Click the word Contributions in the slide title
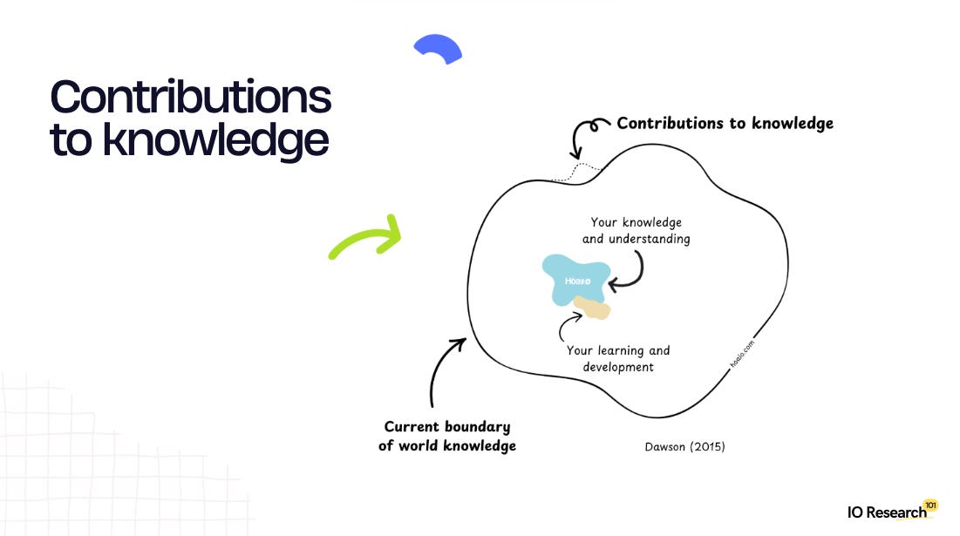tap(190, 97)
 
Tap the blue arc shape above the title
tap(438, 48)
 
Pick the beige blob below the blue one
tap(593, 308)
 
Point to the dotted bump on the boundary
tap(578, 169)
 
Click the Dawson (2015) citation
tap(684, 447)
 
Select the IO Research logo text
tap(886, 512)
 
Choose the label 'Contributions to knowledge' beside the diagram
tap(725, 124)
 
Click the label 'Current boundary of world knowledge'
tap(447, 437)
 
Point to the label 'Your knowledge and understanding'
tap(636, 231)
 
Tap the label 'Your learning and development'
tap(618, 358)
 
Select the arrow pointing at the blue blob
tap(631, 271)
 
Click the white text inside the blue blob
tap(577, 281)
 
